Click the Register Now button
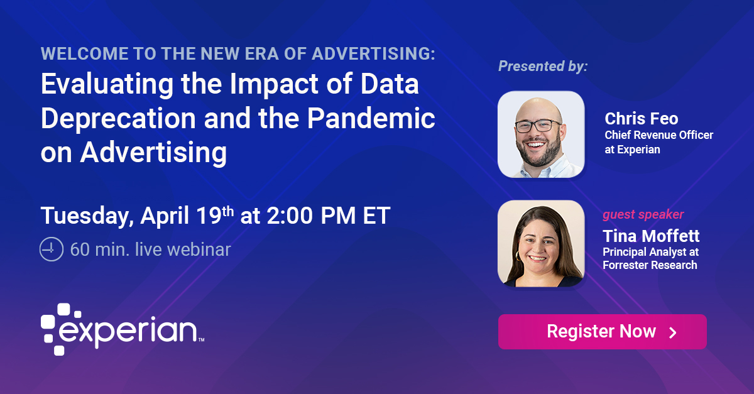click(x=602, y=332)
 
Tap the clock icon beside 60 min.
click(x=52, y=249)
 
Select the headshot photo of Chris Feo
click(x=541, y=134)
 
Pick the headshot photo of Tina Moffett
click(x=541, y=244)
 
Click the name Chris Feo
click(x=642, y=119)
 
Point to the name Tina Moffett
click(x=651, y=236)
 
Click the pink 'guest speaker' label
click(x=643, y=215)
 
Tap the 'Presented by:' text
click(x=543, y=66)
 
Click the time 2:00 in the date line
click(x=288, y=216)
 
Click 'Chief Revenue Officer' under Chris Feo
click(x=659, y=135)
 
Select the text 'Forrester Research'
click(x=650, y=265)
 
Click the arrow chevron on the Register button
click(x=672, y=332)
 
